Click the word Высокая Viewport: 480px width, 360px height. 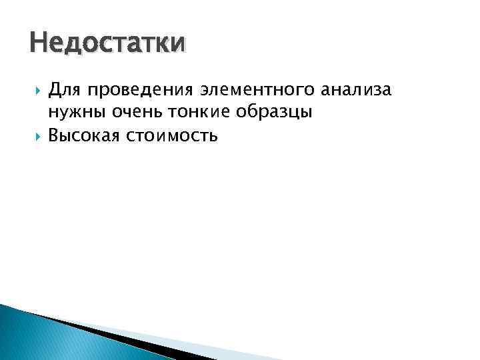click(83, 136)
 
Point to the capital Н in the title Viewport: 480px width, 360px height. click(38, 44)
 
